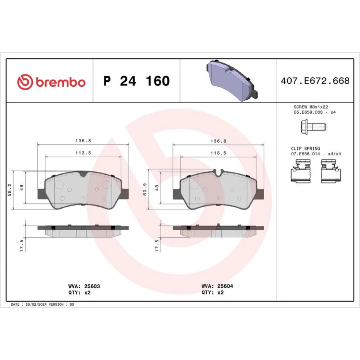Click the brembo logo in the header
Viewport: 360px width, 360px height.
coord(51,82)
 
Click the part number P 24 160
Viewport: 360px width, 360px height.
coord(136,81)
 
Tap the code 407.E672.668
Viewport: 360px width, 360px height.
coord(315,81)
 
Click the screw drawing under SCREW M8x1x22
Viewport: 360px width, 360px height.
coord(313,127)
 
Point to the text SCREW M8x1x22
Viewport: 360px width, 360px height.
coord(311,107)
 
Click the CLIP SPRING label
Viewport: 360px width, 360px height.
coord(305,149)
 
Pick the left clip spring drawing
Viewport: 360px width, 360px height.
coord(301,171)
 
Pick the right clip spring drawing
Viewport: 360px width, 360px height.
coord(330,171)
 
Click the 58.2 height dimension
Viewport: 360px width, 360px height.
coord(10,190)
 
